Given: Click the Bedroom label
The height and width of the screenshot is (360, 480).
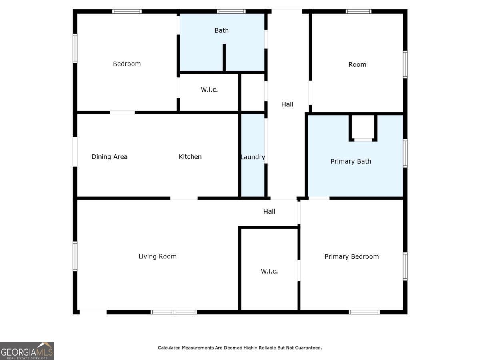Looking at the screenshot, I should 127,64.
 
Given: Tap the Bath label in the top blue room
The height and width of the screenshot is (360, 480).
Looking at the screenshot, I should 222,30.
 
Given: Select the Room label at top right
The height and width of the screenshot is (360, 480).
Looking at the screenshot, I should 357,65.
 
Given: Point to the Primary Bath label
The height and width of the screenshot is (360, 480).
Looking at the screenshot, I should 351,162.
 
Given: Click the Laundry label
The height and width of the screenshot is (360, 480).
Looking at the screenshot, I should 253,157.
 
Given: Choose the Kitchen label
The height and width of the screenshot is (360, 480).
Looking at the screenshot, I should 190,157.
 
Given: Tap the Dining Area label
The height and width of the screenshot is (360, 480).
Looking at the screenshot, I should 110,157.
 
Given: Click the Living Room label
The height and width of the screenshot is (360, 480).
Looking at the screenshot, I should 158,256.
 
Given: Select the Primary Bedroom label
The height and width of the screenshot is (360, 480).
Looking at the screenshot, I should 352,257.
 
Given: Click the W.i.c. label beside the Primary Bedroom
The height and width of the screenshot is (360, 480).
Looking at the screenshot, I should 269,271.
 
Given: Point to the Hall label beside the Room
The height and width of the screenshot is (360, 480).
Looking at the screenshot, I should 287,104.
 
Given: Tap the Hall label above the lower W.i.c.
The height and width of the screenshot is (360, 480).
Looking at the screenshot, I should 269,212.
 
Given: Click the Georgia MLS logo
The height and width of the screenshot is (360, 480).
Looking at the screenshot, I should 27,351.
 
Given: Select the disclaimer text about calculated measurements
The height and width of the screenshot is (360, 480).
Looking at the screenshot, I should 240,348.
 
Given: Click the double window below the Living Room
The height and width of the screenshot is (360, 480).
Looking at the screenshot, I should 174,312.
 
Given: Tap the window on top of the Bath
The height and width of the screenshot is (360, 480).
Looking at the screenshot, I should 231,11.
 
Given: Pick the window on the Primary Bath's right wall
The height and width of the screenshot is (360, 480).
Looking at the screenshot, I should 405,153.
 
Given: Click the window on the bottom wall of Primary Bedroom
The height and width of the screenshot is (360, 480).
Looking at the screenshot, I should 364,312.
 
